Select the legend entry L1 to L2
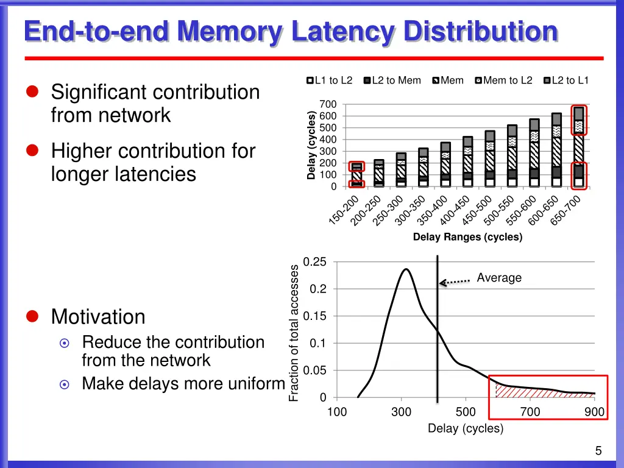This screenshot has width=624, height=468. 330,80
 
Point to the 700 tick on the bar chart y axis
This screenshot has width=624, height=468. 328,104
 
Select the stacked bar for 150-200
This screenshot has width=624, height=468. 356,175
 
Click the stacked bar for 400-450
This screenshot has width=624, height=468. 467,161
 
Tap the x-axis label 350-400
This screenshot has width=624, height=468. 433,210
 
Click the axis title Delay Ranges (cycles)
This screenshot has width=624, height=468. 467,237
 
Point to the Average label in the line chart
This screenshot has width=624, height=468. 499,278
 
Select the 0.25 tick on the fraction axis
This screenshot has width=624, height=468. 315,262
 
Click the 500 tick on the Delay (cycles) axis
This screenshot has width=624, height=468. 466,413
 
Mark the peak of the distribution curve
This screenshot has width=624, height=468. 405,269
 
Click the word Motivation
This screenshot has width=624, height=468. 98,317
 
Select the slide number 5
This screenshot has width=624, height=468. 598,451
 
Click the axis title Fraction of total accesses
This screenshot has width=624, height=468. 294,333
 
